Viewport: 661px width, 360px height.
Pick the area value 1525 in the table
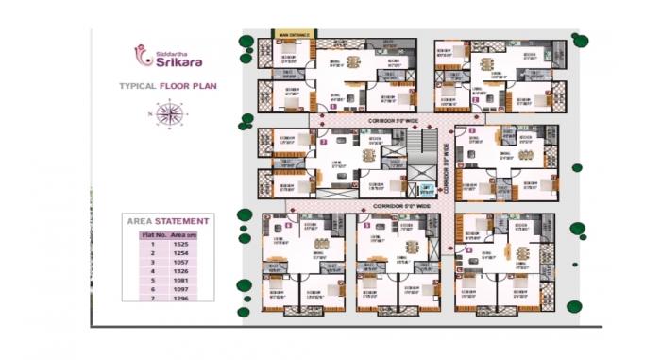click(180, 244)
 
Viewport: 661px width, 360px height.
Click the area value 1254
click(180, 253)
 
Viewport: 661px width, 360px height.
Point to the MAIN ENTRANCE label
click(295, 35)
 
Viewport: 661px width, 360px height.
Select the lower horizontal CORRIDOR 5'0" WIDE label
click(397, 205)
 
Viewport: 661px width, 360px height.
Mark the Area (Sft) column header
click(182, 233)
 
